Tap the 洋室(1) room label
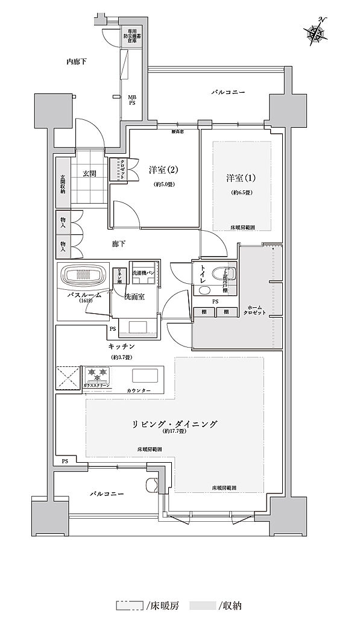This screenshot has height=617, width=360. tap(241, 178)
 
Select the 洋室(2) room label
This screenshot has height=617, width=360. tap(162, 171)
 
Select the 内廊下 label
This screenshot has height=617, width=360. tap(78, 61)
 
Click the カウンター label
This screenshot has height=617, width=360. tap(156, 391)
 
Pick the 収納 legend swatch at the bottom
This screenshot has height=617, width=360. tap(203, 604)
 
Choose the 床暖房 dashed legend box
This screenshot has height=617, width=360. tap(130, 604)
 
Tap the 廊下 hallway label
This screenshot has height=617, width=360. tap(119, 244)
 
